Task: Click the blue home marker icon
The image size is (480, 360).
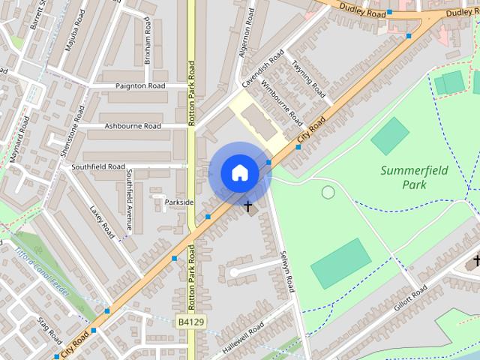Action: point(239,173)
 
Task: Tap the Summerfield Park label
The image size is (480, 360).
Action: point(414,177)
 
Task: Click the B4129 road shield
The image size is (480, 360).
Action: point(191,322)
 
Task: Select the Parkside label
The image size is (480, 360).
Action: point(178,202)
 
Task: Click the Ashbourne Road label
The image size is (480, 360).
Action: point(133,126)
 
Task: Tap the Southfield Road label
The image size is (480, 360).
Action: point(97,166)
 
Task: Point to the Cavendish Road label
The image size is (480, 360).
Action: point(263,68)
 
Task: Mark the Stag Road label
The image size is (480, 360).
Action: point(49,329)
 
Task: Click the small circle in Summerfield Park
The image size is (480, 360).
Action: point(328,192)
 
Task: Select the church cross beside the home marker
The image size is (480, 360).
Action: point(248,205)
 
